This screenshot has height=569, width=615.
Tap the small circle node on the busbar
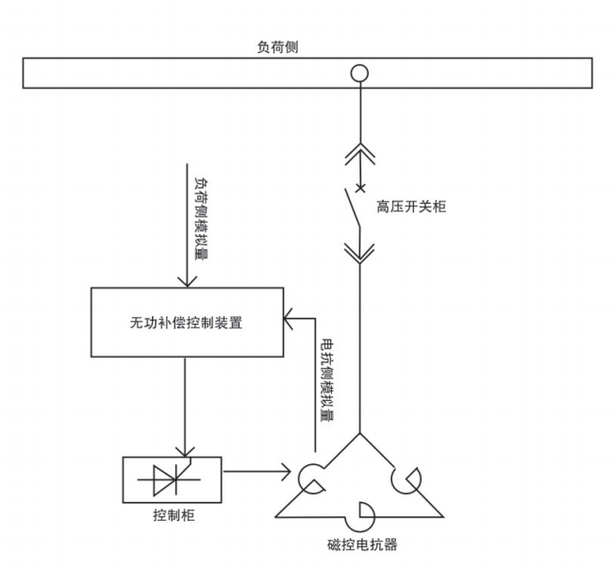tap(358, 73)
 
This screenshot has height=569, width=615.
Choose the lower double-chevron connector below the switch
tap(358, 250)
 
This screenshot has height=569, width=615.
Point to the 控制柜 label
tap(172, 516)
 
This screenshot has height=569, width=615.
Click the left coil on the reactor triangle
tap(311, 478)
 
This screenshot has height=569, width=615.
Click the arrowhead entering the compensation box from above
tap(187, 281)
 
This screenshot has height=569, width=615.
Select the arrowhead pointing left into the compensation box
tap(291, 319)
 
